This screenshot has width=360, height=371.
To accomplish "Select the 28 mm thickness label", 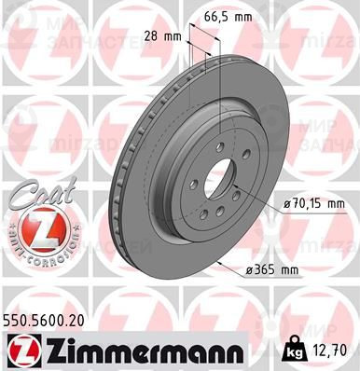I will (x=164, y=36).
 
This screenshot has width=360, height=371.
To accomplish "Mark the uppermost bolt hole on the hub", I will (x=222, y=134).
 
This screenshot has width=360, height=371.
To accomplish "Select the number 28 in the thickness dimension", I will (x=154, y=36).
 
